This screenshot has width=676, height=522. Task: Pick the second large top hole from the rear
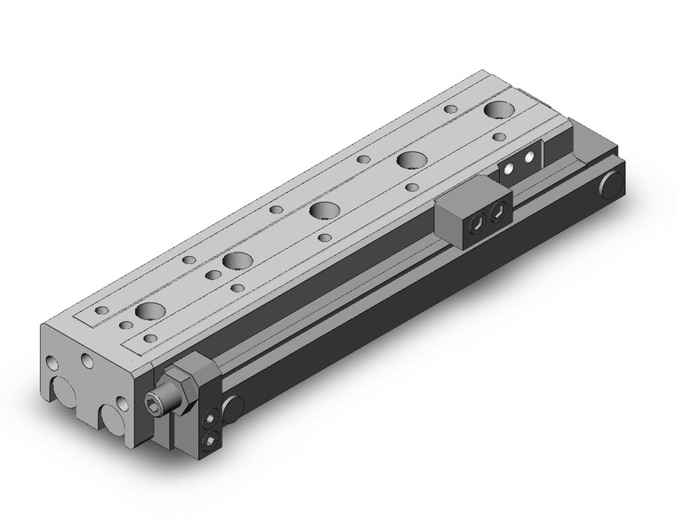(x=410, y=160)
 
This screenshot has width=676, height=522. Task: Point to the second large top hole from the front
(x=236, y=261)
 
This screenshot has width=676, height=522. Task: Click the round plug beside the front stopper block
(x=233, y=407)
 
